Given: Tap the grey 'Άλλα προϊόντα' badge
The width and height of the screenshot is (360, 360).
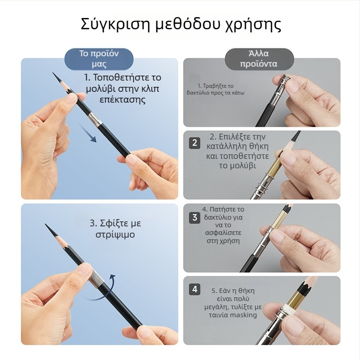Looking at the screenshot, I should tap(259, 58).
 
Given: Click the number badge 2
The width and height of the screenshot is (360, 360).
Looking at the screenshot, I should tap(194, 143).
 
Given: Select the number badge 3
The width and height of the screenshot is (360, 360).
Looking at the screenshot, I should tap(194, 217).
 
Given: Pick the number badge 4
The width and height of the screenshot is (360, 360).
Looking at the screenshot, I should tap(194, 289).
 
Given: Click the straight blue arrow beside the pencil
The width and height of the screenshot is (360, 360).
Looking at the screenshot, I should tap(88, 134).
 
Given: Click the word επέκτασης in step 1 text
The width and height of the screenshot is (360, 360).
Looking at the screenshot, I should tap(122, 100).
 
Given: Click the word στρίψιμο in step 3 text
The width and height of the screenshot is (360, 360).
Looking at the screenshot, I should tap(115, 235).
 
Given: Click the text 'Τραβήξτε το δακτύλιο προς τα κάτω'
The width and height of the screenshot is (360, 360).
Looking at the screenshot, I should tap(216, 89).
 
